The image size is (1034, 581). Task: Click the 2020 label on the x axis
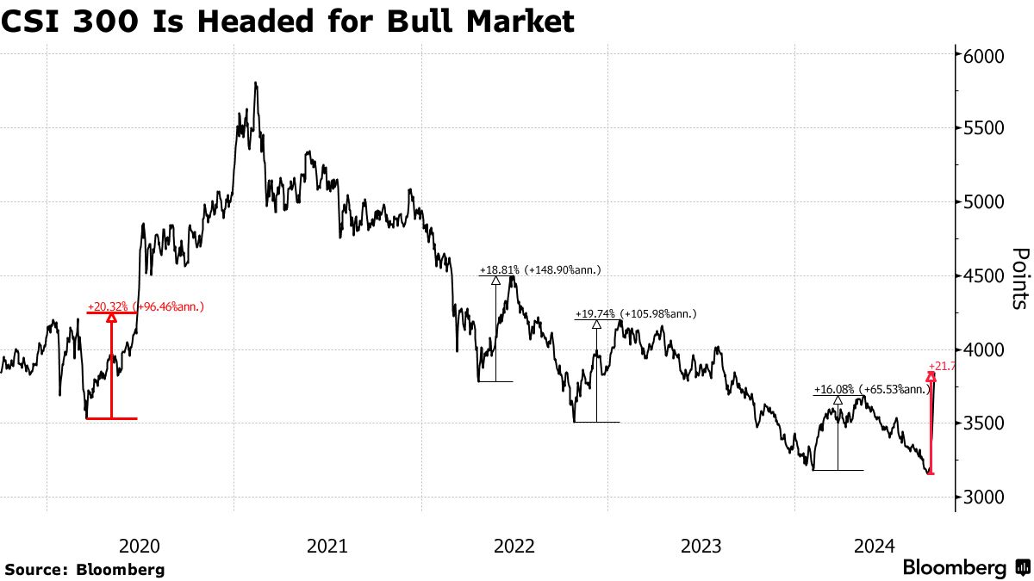[x=140, y=546]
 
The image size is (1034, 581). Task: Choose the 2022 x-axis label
[x=514, y=546]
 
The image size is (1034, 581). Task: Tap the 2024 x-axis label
[x=873, y=546]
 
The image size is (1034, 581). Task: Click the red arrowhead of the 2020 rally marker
[x=111, y=318]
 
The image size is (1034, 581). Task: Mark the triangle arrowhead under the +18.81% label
[x=496, y=280]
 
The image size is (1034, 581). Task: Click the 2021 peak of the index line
[x=256, y=83]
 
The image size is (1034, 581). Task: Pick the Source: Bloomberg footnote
[x=84, y=569]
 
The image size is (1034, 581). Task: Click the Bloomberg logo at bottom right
[x=965, y=568]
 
